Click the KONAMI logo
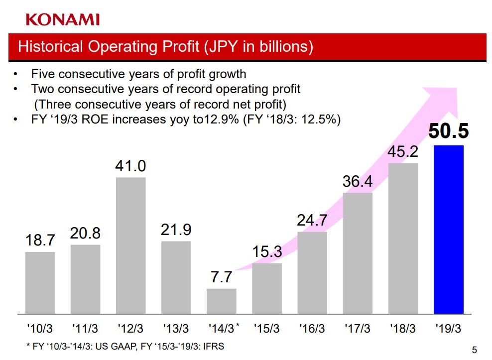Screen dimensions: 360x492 coord(63,19)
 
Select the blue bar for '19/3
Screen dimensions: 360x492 coord(449,230)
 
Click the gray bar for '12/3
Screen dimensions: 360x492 coord(131,245)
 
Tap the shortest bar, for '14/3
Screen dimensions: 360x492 coord(222,301)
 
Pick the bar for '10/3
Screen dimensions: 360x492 coord(40,283)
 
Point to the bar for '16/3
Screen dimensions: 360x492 coord(312,273)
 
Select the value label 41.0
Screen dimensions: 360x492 coord(130,166)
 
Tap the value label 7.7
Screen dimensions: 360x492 coord(221,277)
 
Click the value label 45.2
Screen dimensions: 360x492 coord(403,151)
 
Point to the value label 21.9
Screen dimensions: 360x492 coord(176,230)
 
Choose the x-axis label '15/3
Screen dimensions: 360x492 coord(267,329)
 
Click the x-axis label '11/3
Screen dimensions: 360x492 coord(85,329)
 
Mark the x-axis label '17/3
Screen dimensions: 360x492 coord(358,329)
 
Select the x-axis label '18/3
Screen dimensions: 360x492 coord(403,329)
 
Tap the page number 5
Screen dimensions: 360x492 coord(474,350)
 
